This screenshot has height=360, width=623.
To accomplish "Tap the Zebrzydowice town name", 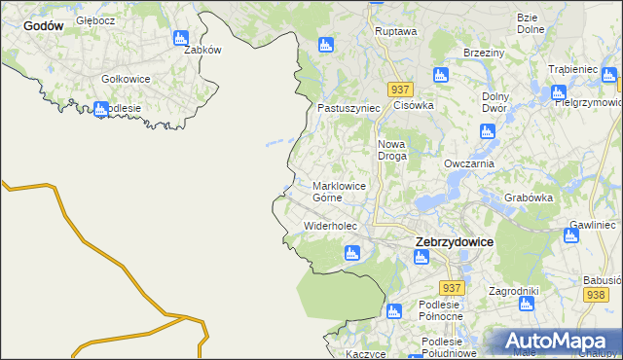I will (454, 241).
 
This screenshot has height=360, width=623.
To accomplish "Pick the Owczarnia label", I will (469, 163).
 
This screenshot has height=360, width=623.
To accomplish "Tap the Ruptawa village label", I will (395, 31).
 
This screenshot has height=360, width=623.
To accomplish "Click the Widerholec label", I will (331, 226).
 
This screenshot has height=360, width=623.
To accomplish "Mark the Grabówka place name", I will (529, 198).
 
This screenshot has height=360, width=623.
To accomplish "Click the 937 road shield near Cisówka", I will (400, 89).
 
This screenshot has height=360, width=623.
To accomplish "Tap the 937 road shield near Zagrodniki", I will (451, 288).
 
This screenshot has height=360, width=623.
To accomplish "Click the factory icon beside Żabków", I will (179, 38).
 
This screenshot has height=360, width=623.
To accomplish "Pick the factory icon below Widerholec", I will (352, 254).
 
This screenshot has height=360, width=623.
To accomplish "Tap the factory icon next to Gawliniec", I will (571, 234).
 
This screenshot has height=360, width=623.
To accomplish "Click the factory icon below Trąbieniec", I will (559, 93).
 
